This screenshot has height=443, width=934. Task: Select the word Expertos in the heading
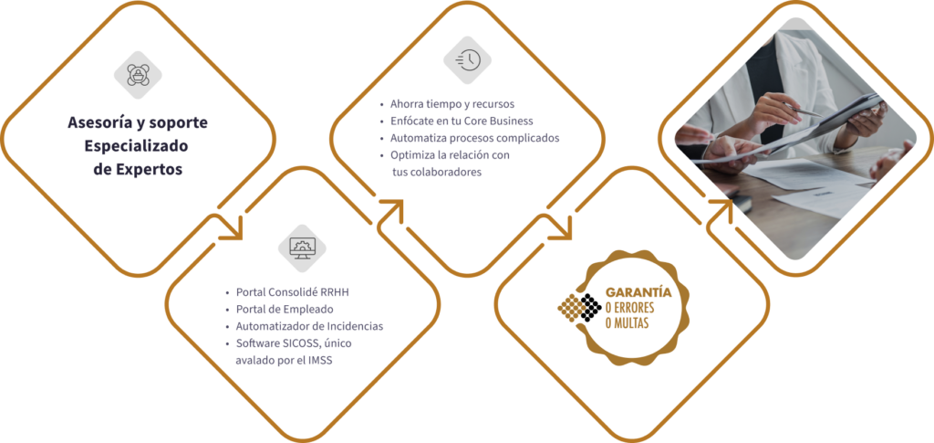(152, 169)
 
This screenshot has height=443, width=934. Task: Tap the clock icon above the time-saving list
(467, 59)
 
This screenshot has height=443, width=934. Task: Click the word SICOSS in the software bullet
(296, 343)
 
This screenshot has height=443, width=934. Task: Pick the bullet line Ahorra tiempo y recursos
(440, 103)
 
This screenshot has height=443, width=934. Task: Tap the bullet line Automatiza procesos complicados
(474, 138)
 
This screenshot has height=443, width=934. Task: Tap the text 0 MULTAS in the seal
(627, 322)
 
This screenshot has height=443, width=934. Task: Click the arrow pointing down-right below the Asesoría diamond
(233, 227)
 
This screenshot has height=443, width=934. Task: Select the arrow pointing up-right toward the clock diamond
(391, 209)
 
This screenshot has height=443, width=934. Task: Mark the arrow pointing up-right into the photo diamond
(721, 208)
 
